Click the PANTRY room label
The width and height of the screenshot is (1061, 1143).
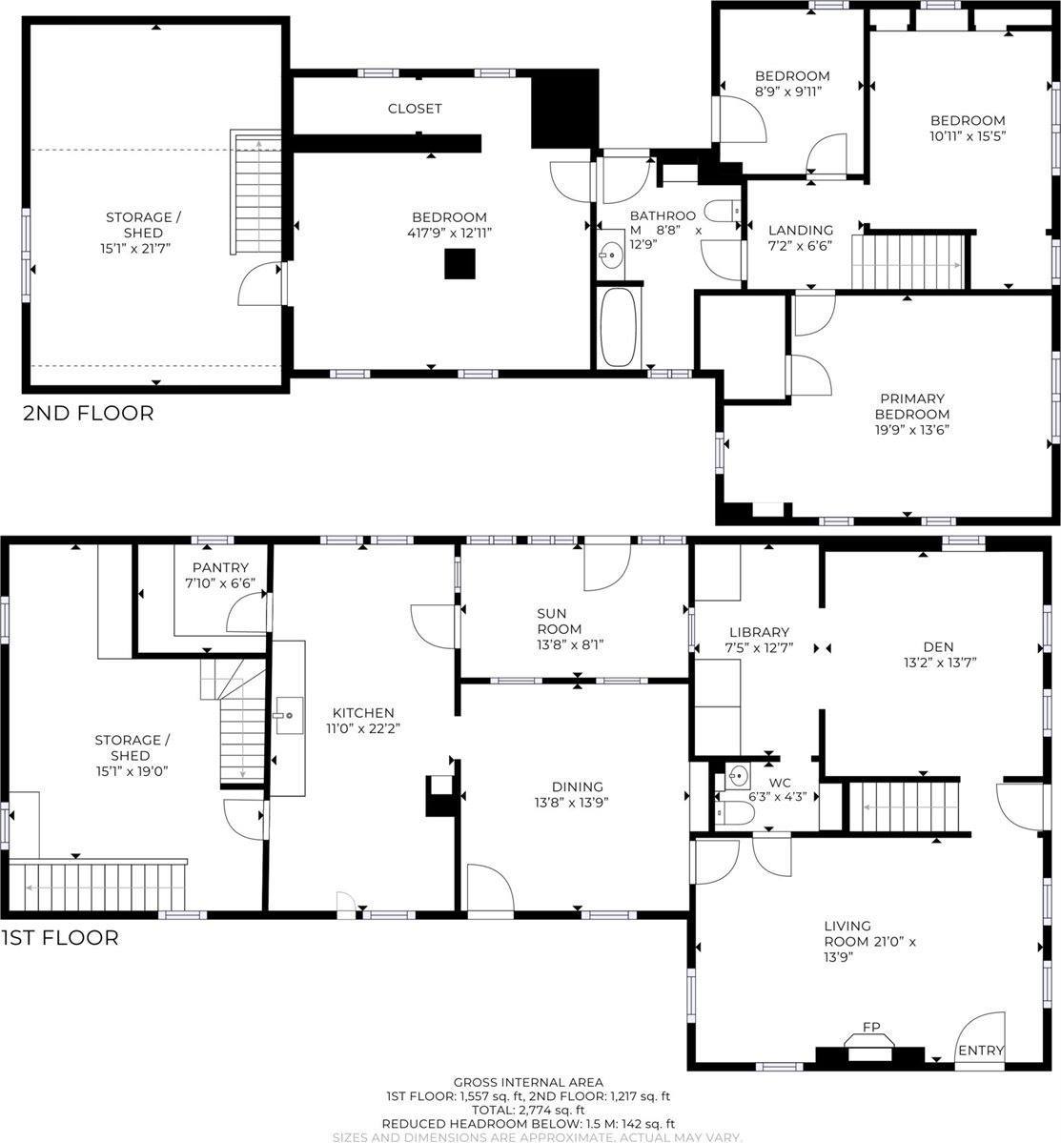click(x=220, y=567)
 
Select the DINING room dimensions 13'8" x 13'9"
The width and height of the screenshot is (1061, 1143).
click(x=571, y=802)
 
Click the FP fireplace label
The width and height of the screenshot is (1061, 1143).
click(x=871, y=1027)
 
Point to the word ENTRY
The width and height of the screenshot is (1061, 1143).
click(x=981, y=1051)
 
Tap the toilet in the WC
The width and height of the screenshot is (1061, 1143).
click(x=736, y=812)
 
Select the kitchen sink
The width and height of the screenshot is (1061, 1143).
click(x=288, y=714)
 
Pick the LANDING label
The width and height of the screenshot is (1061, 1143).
click(x=801, y=230)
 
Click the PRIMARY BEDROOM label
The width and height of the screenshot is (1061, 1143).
click(x=912, y=406)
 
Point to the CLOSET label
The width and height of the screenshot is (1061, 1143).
click(x=415, y=109)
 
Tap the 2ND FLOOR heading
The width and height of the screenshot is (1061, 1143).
click(x=88, y=413)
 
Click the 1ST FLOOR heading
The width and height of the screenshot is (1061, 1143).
click(x=60, y=937)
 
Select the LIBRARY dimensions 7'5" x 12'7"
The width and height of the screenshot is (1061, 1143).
click(x=759, y=649)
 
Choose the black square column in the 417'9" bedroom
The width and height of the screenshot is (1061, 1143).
click(x=459, y=263)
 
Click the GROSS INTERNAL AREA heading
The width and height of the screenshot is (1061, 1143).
click(x=527, y=1081)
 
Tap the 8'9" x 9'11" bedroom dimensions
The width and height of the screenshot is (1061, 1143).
click(x=788, y=92)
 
